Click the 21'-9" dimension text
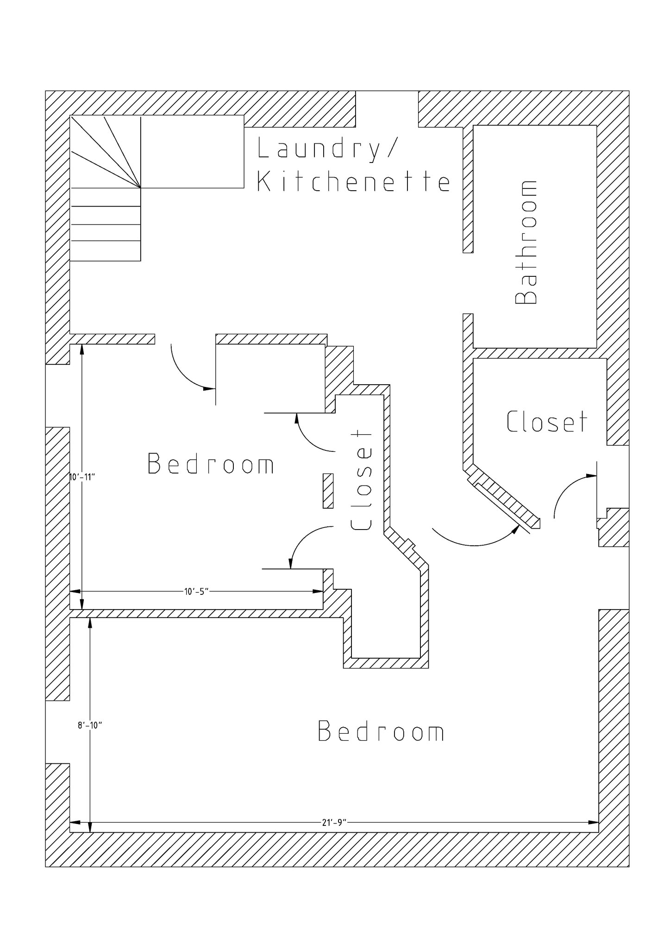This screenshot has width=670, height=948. (334, 823)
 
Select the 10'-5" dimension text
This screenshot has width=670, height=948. (197, 591)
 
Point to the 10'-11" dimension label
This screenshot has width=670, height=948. (81, 476)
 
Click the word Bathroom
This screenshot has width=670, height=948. (526, 243)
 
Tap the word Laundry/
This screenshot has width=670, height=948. (327, 148)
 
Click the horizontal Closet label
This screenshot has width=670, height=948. (546, 421)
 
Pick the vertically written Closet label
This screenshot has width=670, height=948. (361, 481)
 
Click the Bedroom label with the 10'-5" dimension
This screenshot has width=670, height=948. (211, 464)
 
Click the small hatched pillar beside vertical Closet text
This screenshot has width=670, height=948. (328, 491)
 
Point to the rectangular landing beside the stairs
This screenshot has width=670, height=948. (192, 152)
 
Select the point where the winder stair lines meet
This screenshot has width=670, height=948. (141, 187)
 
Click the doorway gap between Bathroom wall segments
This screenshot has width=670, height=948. (468, 283)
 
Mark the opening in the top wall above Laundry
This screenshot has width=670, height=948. (387, 109)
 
